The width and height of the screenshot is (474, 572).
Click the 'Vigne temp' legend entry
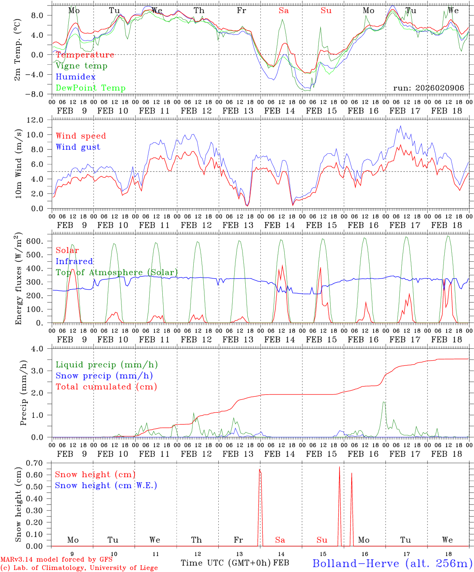click(x=81, y=66)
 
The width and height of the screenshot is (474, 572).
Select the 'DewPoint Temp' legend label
click(x=91, y=88)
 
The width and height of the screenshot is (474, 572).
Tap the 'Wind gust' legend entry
click(x=78, y=147)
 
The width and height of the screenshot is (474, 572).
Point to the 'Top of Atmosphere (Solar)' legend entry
click(x=117, y=272)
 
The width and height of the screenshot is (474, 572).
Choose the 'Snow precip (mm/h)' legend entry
click(x=104, y=376)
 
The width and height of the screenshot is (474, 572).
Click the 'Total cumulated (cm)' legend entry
click(x=106, y=387)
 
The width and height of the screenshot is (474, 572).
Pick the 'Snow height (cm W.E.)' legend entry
click(x=106, y=485)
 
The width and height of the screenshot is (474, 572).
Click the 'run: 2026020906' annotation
click(x=428, y=88)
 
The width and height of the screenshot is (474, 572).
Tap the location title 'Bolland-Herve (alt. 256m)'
click(x=392, y=563)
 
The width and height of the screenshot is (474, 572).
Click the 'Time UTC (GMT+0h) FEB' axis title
click(x=235, y=563)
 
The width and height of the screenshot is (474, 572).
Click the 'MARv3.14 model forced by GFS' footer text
click(x=56, y=559)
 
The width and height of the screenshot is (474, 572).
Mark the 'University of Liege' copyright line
click(x=79, y=568)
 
